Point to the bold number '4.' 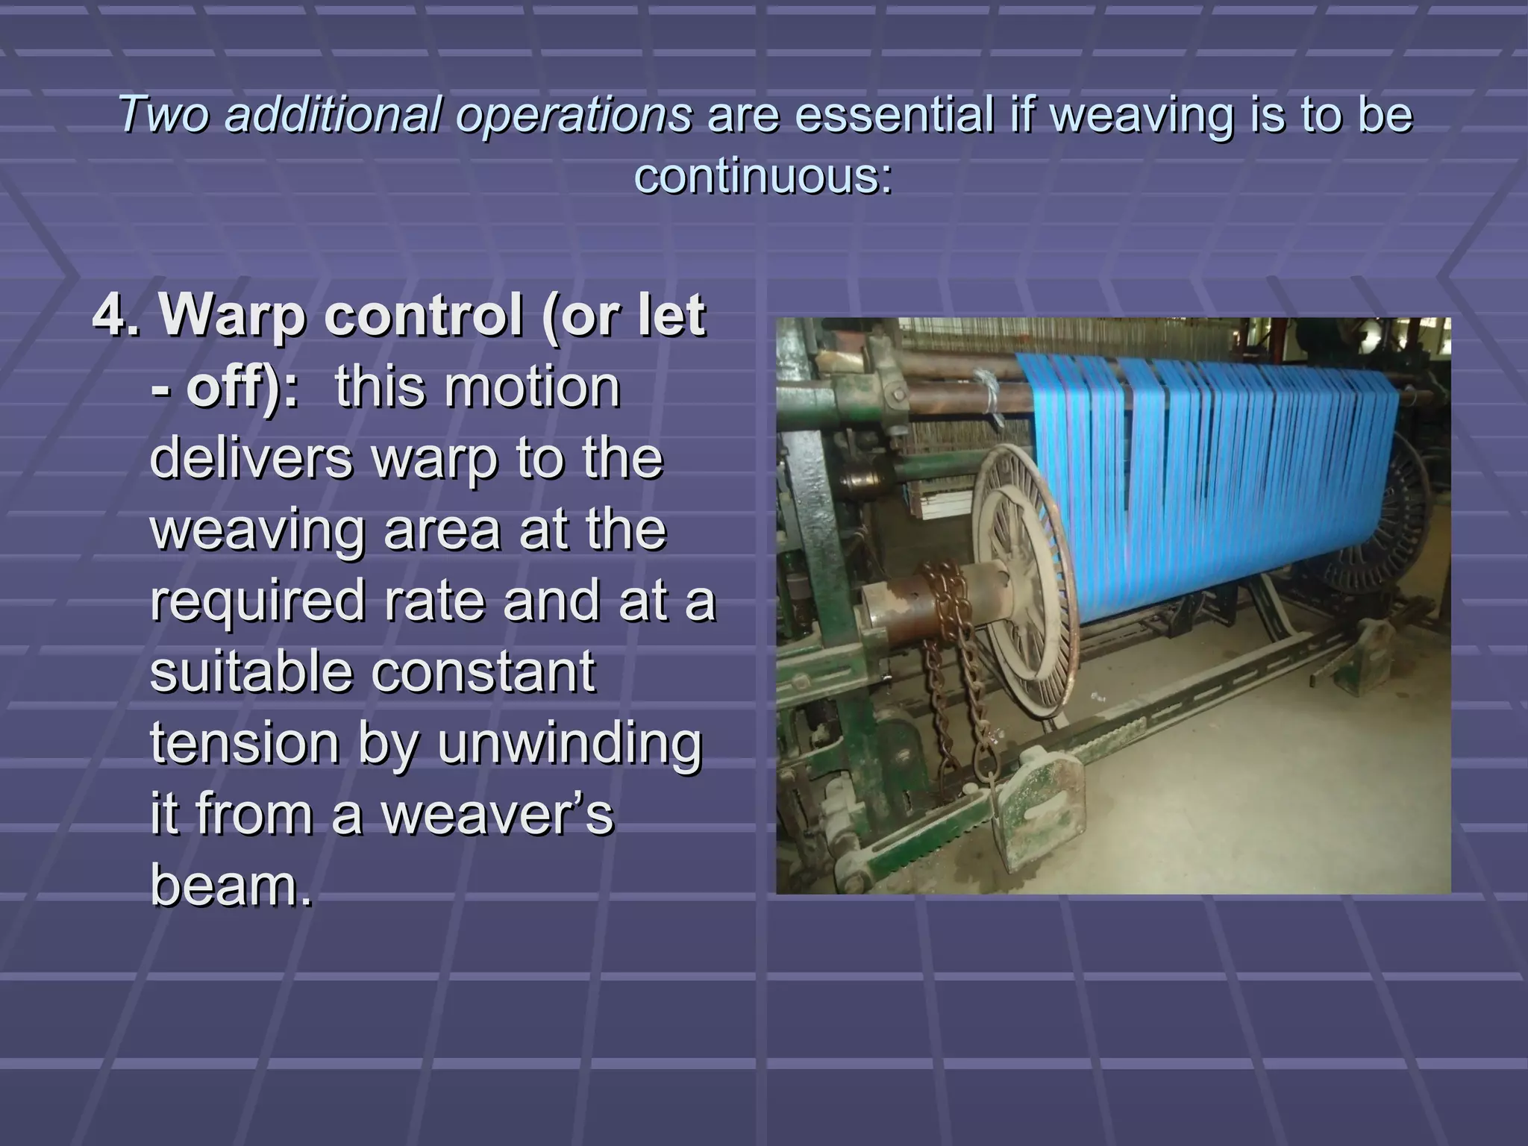pyautogui.click(x=116, y=315)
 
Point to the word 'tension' pyautogui.click(x=245, y=743)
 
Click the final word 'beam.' pyautogui.click(x=231, y=885)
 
